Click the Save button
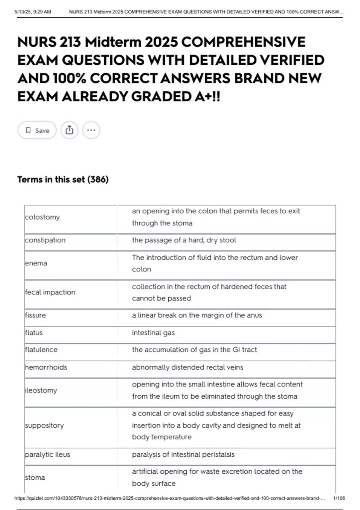coord(37,130)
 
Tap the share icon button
coord(69,130)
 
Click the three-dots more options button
coord(91,130)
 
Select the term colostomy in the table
coord(42,217)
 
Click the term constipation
coord(45,240)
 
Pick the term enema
coord(36,263)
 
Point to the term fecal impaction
coord(50,292)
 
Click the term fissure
coord(35,315)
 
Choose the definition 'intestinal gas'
coord(153,333)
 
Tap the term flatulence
coord(41,350)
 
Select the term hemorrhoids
coord(46,367)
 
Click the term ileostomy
coord(41,390)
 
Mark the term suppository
coord(44,425)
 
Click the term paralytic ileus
coord(47,454)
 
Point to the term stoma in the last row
coord(35,478)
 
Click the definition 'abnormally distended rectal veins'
coord(187,367)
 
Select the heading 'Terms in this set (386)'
coord(63,179)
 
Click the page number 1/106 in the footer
coord(339,498)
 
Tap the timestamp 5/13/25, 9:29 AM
coord(33,12)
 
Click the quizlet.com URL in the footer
coord(169,498)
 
